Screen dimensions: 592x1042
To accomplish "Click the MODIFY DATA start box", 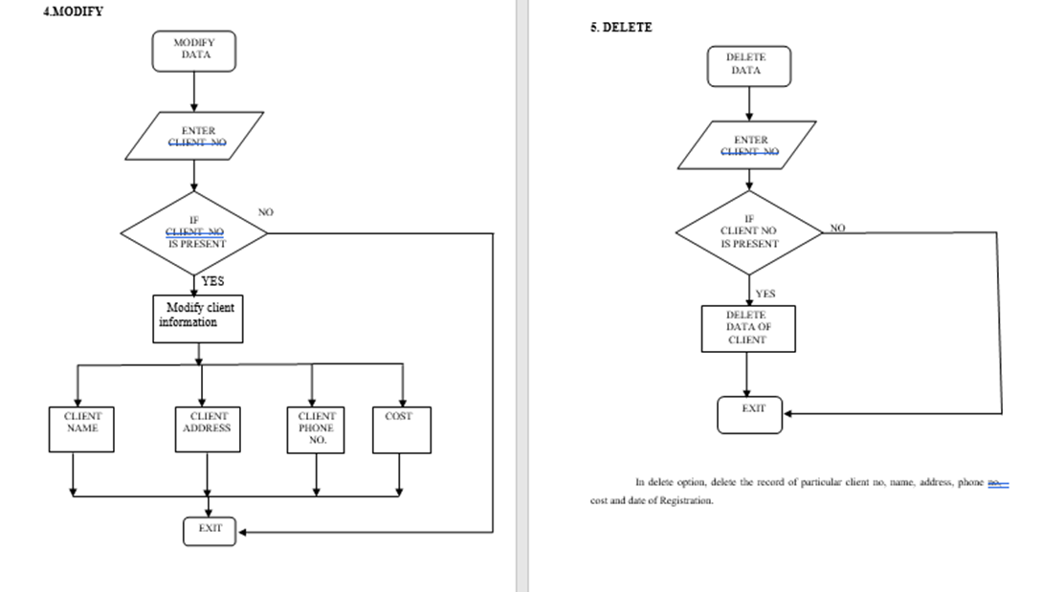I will pyautogui.click(x=193, y=50).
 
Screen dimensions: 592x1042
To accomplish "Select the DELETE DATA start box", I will pyautogui.click(x=748, y=65).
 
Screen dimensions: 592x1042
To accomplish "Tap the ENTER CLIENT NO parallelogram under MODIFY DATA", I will pyautogui.click(x=195, y=137).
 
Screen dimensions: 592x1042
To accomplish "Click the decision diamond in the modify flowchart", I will pyautogui.click(x=194, y=232).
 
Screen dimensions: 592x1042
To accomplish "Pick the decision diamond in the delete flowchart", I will pyautogui.click(x=749, y=231).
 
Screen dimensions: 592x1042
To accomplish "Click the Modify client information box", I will pyautogui.click(x=197, y=318).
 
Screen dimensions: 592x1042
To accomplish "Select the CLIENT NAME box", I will pyautogui.click(x=82, y=428).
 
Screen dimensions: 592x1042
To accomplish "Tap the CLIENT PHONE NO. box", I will pyautogui.click(x=316, y=428).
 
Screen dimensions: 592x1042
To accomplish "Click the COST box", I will pyautogui.click(x=402, y=428).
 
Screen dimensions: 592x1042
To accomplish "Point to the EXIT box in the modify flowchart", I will pyautogui.click(x=210, y=530).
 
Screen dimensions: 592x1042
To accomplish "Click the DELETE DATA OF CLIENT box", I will pyautogui.click(x=747, y=328).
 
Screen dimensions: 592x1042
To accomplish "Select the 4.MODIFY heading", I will pyautogui.click(x=73, y=11).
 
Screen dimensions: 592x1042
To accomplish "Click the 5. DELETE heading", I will pyautogui.click(x=621, y=28).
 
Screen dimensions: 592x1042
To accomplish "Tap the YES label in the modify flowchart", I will pyautogui.click(x=212, y=281).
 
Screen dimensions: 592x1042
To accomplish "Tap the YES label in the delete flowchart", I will pyautogui.click(x=765, y=294).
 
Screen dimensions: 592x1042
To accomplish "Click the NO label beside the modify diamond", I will pyautogui.click(x=265, y=211).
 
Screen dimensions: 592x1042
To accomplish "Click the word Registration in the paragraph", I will pyautogui.click(x=687, y=501).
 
